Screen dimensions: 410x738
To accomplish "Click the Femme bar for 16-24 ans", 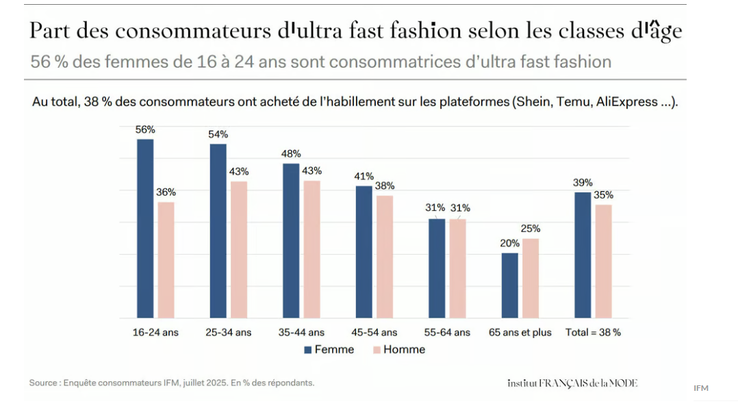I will click(145, 229).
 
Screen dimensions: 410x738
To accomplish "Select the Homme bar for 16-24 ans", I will click(166, 260).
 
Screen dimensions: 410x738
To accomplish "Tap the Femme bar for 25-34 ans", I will click(218, 231).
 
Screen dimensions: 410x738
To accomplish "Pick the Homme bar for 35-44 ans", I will click(312, 249).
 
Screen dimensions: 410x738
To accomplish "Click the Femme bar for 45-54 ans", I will click(364, 252).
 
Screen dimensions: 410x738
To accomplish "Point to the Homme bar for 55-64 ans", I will click(457, 268).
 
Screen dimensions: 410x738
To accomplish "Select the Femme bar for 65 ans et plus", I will click(509, 285).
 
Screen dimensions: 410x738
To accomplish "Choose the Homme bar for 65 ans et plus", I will click(531, 278).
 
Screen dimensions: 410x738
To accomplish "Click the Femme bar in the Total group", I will click(583, 255).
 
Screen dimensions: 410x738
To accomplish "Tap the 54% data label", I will click(218, 134).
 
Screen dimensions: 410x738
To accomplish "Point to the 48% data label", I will click(291, 153).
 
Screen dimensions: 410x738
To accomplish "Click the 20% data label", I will click(509, 243).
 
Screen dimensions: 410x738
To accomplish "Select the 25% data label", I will click(531, 229).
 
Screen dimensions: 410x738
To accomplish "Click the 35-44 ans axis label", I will click(301, 333).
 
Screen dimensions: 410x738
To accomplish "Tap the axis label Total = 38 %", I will click(593, 333).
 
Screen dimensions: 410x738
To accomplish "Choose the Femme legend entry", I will click(329, 350).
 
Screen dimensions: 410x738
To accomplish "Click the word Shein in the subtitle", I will click(546, 102).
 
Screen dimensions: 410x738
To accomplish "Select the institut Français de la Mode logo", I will click(572, 383).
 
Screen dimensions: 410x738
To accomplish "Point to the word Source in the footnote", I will click(43, 383).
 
